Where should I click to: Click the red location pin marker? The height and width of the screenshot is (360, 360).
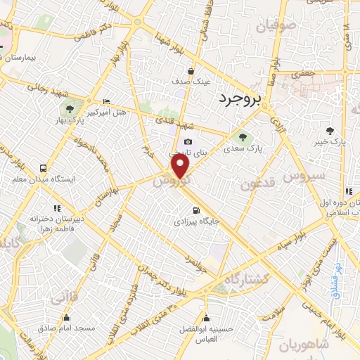coord(181,166)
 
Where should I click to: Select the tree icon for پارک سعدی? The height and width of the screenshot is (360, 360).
coord(243,138)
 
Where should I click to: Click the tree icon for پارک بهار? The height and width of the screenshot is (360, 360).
coord(69,108)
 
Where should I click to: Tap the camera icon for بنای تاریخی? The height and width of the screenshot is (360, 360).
coord(188,142)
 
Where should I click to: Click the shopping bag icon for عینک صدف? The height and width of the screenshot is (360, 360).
coord(191,70)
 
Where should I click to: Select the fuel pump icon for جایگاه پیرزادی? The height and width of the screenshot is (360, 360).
coord(195,210)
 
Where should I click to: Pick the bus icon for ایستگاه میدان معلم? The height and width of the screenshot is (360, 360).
coord(44,168)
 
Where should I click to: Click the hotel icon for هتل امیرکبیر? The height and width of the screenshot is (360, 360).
coord(106,101)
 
